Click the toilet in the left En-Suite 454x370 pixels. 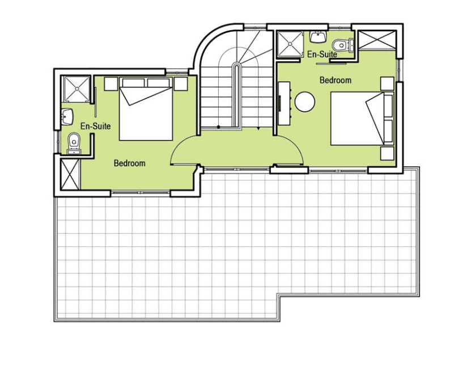[x=74, y=143]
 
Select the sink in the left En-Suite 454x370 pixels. [x=67, y=116]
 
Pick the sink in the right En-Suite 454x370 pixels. [x=318, y=37]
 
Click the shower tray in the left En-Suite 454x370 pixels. [x=77, y=89]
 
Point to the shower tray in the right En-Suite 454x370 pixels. [x=290, y=44]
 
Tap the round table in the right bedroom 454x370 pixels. [x=305, y=102]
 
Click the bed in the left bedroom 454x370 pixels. [x=146, y=109]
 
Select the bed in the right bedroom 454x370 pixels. [x=362, y=119]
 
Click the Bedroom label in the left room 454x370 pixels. [x=129, y=163]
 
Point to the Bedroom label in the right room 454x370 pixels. [x=336, y=80]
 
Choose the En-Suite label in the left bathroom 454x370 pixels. [x=96, y=126]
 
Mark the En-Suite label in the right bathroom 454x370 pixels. [x=323, y=54]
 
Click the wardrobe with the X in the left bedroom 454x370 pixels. [x=70, y=174]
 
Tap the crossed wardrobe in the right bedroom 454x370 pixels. [x=377, y=40]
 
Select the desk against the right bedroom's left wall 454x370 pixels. [x=284, y=103]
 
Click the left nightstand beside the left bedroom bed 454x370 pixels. [x=111, y=84]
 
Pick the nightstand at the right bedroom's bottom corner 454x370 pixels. [x=387, y=153]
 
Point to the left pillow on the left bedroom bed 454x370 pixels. [x=133, y=82]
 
